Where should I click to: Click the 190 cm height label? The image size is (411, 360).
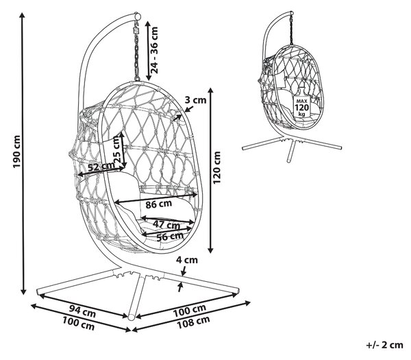tap(16, 152)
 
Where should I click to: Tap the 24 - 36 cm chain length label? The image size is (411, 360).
tap(155, 50)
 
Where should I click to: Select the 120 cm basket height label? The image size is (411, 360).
tap(216, 168)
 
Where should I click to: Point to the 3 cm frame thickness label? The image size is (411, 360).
tap(195, 100)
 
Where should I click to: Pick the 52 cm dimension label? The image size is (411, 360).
tap(101, 167)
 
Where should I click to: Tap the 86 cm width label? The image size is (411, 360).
tap(159, 204)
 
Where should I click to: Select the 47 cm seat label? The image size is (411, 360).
tap(166, 225)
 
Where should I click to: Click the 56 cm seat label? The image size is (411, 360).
tap(170, 237)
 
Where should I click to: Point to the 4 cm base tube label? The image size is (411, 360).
tap(186, 260)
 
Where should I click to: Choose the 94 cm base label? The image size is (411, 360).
tap(82, 311)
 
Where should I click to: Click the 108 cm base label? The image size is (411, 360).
tap(193, 322)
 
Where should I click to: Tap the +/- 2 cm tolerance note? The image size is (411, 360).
tap(384, 345)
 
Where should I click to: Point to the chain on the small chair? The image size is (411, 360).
tap(291, 29)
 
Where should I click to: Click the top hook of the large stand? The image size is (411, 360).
tap(137, 16)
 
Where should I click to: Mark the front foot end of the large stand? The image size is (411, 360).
tap(132, 317)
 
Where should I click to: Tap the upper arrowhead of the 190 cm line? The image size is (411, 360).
tap(23, 15)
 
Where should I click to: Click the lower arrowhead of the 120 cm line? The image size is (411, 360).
tap(211, 250)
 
